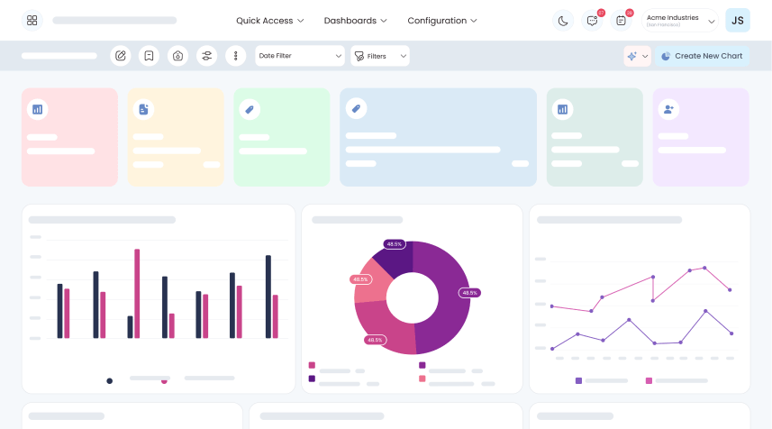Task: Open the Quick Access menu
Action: point(269,21)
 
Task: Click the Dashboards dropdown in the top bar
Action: point(355,21)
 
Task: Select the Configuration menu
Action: point(442,21)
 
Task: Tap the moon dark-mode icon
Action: point(562,21)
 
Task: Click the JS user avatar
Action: point(737,21)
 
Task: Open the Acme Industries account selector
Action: point(679,21)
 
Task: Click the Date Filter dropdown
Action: point(300,56)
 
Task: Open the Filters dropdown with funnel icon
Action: point(380,56)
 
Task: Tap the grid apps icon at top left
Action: point(32,21)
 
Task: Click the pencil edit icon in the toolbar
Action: point(120,56)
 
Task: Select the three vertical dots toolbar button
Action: point(235,56)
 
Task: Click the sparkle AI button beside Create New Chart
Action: point(637,56)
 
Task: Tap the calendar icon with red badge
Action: point(621,21)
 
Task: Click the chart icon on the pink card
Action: point(38,109)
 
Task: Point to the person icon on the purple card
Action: point(668,109)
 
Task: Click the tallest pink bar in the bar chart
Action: point(137,293)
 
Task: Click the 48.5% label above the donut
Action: point(394,244)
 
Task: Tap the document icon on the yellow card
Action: point(143,109)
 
